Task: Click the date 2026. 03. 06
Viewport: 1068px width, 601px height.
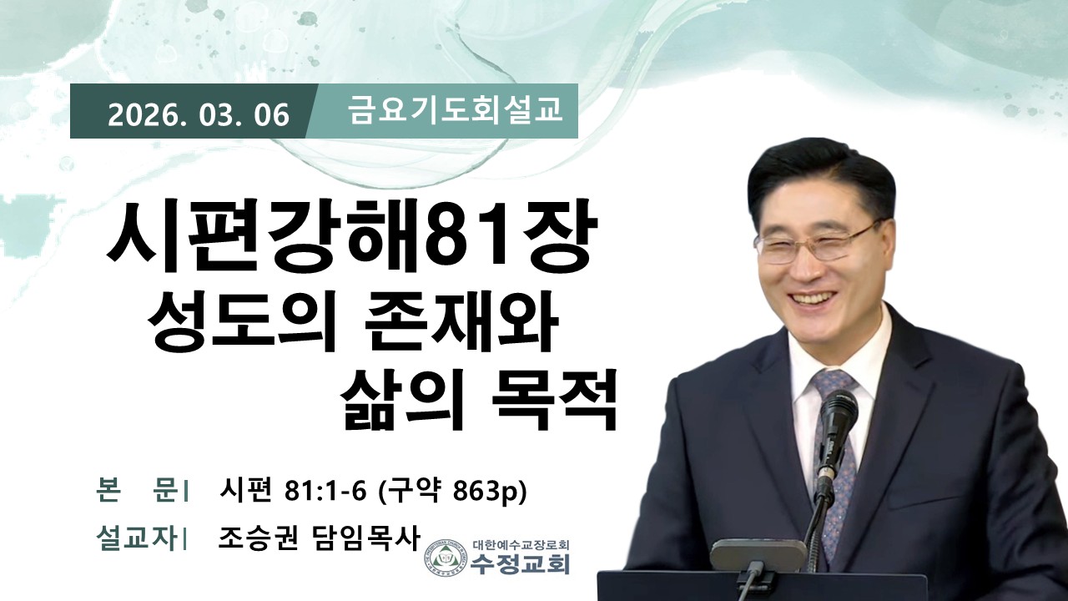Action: point(199,115)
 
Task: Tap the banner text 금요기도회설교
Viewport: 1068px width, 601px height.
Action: point(456,109)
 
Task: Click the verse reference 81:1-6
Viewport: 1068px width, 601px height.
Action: point(325,490)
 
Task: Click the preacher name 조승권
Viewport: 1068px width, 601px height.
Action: point(258,538)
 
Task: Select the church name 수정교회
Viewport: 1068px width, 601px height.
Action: point(520,564)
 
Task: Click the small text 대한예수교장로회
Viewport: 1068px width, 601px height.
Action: point(521,544)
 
